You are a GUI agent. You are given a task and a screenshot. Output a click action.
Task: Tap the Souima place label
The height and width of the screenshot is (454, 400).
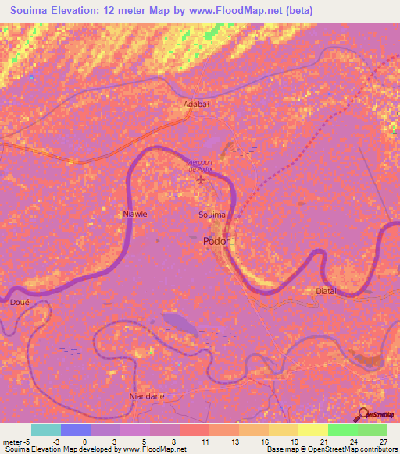click(212, 214)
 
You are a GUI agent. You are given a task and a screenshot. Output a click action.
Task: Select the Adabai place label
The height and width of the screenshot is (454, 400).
click(196, 103)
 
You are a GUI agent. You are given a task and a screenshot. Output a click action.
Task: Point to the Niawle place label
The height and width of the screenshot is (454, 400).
click(134, 213)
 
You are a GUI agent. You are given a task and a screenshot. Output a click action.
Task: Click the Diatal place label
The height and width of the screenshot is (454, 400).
click(326, 291)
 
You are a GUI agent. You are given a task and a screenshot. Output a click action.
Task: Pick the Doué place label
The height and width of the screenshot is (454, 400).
click(20, 301)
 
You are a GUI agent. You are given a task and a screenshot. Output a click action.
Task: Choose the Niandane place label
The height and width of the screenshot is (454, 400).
click(146, 396)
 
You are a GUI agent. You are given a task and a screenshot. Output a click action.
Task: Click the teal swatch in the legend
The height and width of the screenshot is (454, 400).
click(46, 430)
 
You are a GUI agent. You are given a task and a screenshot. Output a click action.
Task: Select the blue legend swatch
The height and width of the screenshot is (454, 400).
click(76, 430)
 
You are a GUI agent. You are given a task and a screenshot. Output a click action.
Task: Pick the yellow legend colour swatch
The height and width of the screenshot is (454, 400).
click(312, 430)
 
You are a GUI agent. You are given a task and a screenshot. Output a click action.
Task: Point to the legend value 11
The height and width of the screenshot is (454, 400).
click(204, 442)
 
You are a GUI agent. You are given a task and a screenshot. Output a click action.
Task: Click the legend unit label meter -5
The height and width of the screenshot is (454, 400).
click(15, 442)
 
